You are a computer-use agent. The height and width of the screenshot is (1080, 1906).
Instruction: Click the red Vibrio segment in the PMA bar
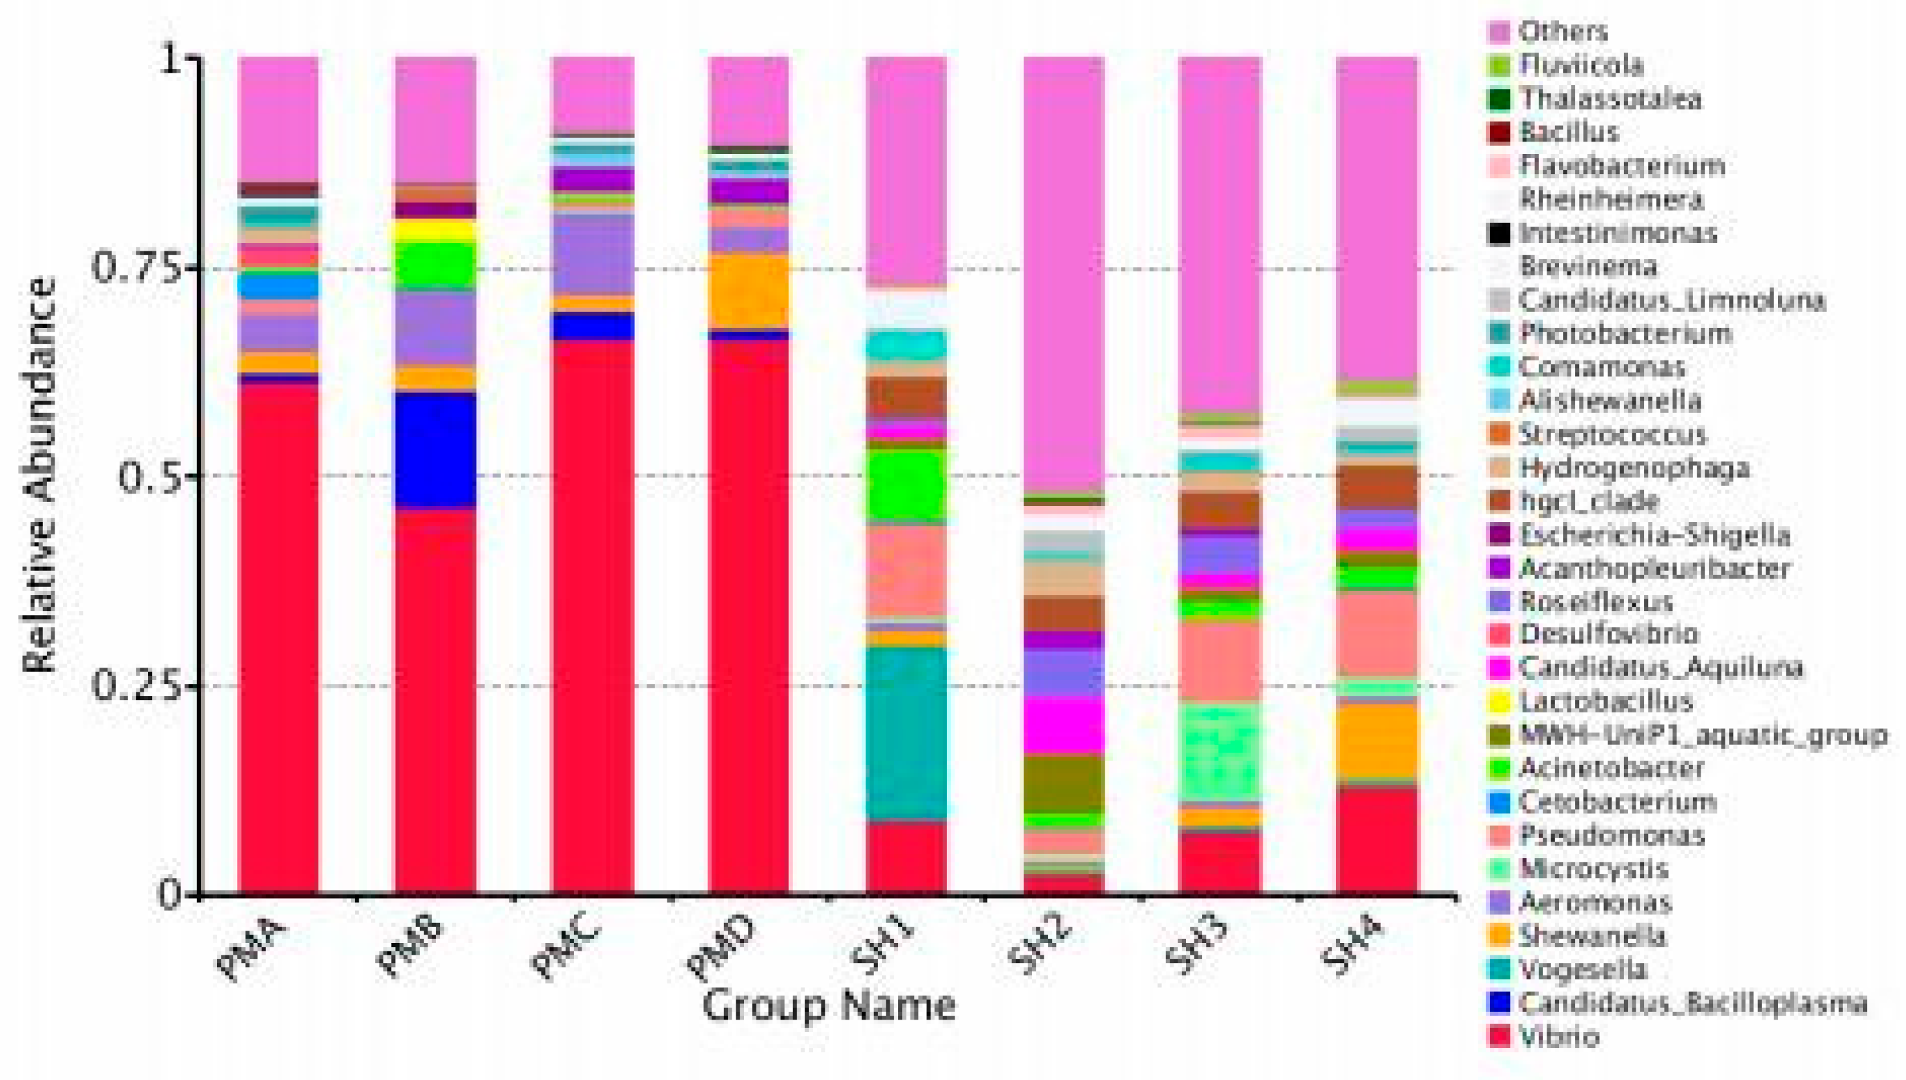point(278,638)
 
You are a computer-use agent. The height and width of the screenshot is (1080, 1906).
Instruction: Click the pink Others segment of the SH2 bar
point(1064,275)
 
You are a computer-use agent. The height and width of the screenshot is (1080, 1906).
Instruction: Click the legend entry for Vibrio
point(1558,1037)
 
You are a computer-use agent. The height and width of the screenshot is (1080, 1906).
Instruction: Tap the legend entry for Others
point(1562,31)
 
